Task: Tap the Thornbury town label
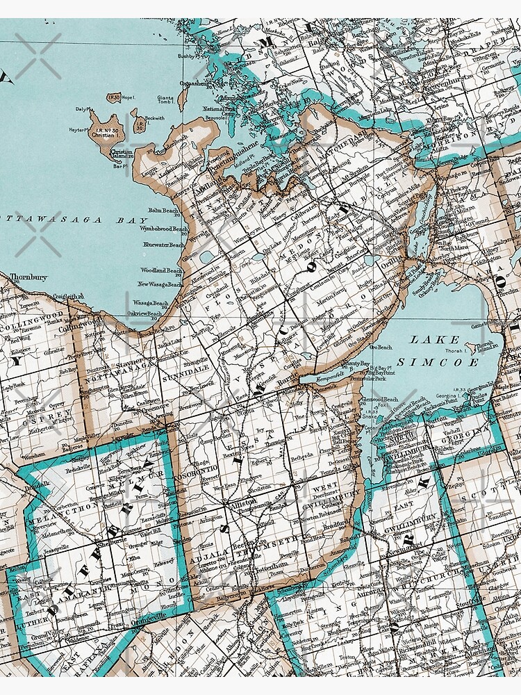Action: click(x=28, y=277)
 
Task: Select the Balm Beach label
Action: click(x=163, y=210)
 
